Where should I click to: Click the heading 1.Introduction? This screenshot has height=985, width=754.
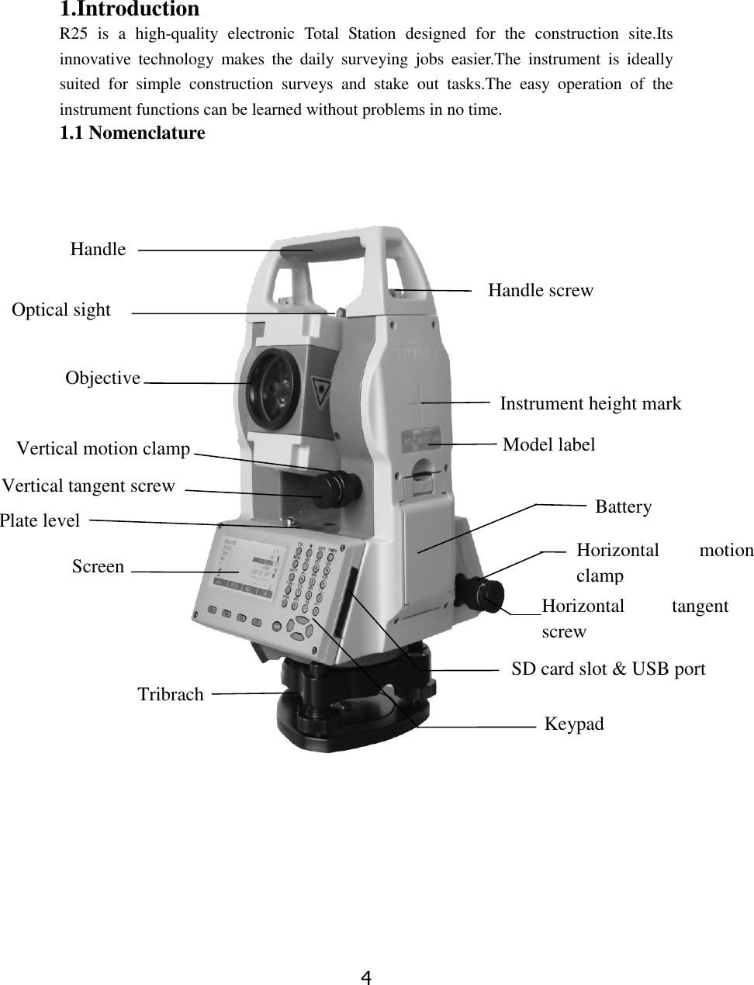pyautogui.click(x=130, y=10)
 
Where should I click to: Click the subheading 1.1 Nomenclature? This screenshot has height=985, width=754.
pyautogui.click(x=133, y=133)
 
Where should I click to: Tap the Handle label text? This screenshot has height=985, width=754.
pyautogui.click(x=98, y=249)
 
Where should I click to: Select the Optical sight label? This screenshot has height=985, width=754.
pyautogui.click(x=61, y=309)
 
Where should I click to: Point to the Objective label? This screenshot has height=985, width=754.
pyautogui.click(x=102, y=378)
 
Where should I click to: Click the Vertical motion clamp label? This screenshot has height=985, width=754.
pyautogui.click(x=103, y=448)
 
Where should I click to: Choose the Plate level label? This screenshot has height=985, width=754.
pyautogui.click(x=40, y=520)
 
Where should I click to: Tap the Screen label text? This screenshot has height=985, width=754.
pyautogui.click(x=98, y=566)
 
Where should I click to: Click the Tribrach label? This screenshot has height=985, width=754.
pyautogui.click(x=171, y=694)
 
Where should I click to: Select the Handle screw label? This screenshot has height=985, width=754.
pyautogui.click(x=541, y=290)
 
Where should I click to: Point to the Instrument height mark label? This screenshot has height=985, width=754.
pyautogui.click(x=590, y=403)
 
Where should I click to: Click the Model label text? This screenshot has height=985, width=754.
pyautogui.click(x=549, y=444)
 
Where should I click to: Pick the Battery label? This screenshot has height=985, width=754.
pyautogui.click(x=624, y=506)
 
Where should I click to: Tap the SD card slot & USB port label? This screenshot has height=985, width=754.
pyautogui.click(x=608, y=669)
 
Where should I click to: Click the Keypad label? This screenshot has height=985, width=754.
pyautogui.click(x=574, y=724)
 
